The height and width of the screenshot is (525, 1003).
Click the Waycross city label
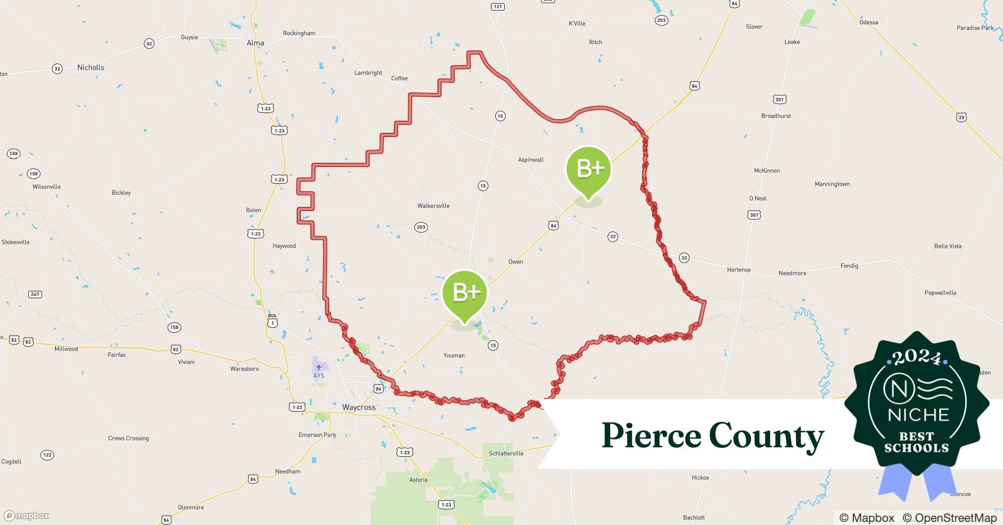point(359,407)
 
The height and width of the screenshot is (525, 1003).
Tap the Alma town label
point(255,43)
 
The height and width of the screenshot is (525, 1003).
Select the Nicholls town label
point(91,67)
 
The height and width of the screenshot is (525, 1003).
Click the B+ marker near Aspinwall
point(589,169)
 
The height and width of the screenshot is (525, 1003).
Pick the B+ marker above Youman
point(465,293)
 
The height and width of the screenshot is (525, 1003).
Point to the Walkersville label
point(433,206)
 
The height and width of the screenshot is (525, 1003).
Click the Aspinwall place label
point(530,160)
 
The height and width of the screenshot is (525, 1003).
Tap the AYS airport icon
point(319,367)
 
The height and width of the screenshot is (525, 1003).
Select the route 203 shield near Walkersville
point(421,227)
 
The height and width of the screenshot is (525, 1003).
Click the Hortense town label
point(738,270)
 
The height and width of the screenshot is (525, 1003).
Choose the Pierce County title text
point(713,436)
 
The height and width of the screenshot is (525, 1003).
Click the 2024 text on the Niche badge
point(916,358)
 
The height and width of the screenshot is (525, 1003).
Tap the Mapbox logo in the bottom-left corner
point(27,516)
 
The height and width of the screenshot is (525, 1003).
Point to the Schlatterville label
point(506,453)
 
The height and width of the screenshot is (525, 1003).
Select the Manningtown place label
point(832,184)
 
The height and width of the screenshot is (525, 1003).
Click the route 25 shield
point(961,117)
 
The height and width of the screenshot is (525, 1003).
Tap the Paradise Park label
point(975,28)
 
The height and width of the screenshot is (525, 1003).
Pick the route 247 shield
point(35,294)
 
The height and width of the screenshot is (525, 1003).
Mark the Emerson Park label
point(317,435)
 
